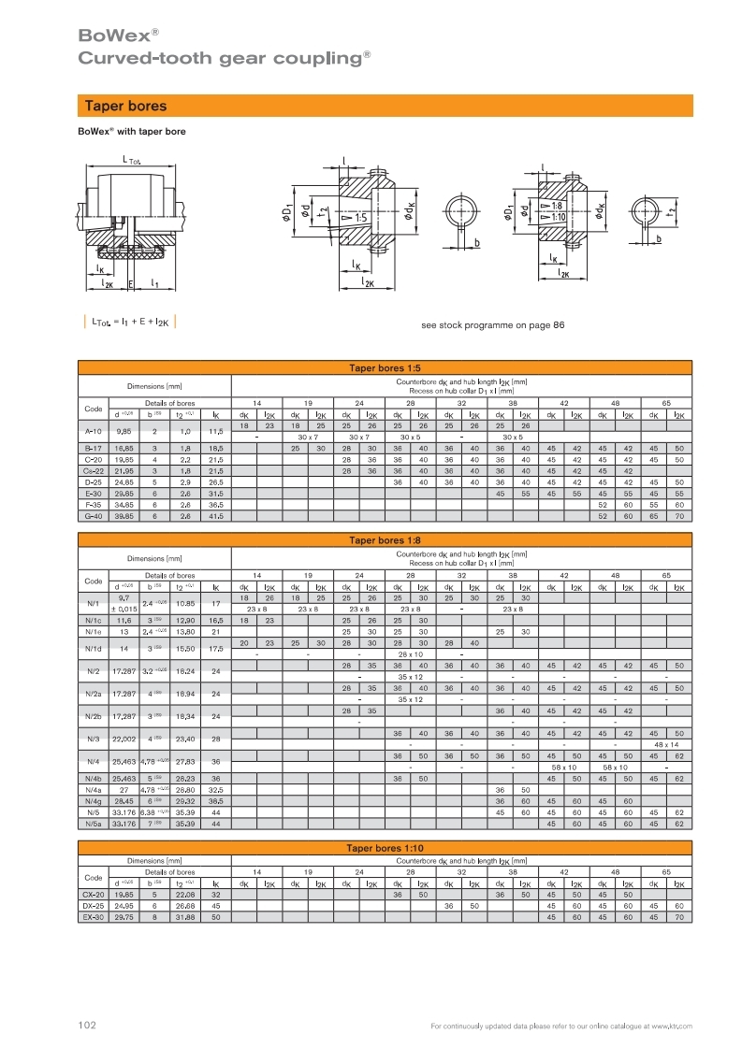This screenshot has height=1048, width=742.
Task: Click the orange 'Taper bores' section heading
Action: pos(125,107)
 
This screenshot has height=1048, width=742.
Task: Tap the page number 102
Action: pos(87,1026)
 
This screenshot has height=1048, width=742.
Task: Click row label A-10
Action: pos(94,431)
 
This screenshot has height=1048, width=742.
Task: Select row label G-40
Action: pos(94,515)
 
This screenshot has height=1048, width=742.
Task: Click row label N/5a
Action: pos(94,824)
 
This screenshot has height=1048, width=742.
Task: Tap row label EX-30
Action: pos(94,917)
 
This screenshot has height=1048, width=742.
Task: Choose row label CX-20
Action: pos(94,895)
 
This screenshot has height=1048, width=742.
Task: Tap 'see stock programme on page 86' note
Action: pos(493,325)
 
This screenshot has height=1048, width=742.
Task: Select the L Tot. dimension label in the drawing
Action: pos(130,160)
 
